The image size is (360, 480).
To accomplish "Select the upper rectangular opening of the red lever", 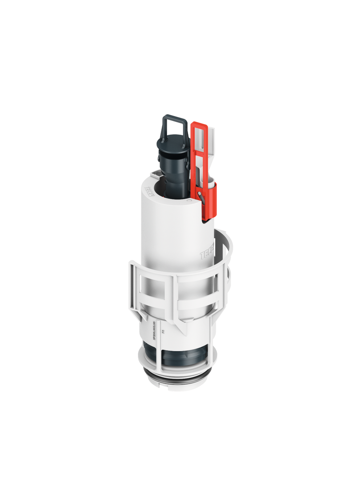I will tap(200, 136).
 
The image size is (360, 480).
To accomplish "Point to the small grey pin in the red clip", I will tap(201, 196).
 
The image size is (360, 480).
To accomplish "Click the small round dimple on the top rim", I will tap(189, 201).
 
